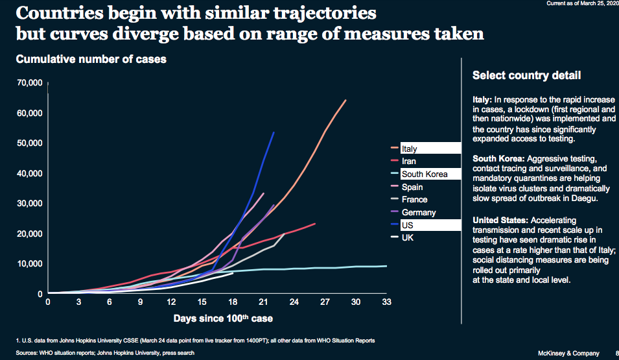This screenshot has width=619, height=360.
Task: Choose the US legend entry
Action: (x=407, y=225)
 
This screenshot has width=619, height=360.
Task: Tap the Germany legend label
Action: (x=418, y=212)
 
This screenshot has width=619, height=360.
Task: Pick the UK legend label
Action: (x=408, y=238)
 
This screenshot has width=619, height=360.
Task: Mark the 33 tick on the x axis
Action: (x=386, y=302)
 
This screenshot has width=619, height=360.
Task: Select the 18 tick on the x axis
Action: (x=232, y=302)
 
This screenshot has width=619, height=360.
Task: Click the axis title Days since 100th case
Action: (x=223, y=318)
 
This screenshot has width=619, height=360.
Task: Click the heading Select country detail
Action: (x=526, y=76)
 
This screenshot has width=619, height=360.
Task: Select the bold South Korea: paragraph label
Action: (x=499, y=159)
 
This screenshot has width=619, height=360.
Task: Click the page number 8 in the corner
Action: (x=616, y=353)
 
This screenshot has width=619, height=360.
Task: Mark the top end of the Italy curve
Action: (x=345, y=101)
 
